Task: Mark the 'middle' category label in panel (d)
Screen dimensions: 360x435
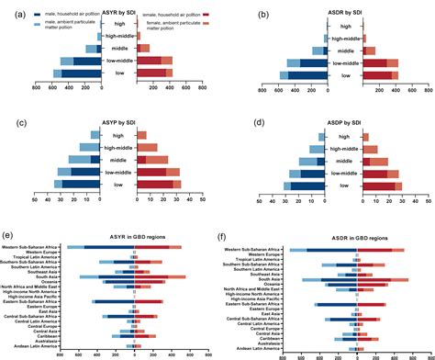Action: click(340, 160)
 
